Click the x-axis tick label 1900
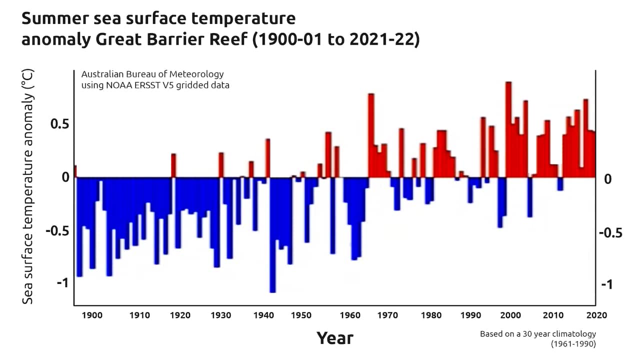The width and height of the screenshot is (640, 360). pos(92,315)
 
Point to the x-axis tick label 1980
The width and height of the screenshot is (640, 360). pos(428,315)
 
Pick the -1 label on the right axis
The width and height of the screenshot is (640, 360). pos(607,284)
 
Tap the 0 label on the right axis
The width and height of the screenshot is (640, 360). pos(608,178)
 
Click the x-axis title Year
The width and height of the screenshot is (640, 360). pos(334,338)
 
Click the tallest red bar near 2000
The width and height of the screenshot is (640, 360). pos(508,129)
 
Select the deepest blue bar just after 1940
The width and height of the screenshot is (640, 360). pos(272,234)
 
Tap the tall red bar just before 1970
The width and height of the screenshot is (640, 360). pos(371,135)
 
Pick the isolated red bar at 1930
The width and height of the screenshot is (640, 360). pos(221,165)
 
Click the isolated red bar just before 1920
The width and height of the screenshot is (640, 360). pos(173,165)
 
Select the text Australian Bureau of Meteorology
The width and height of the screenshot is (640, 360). pos(152,74)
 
